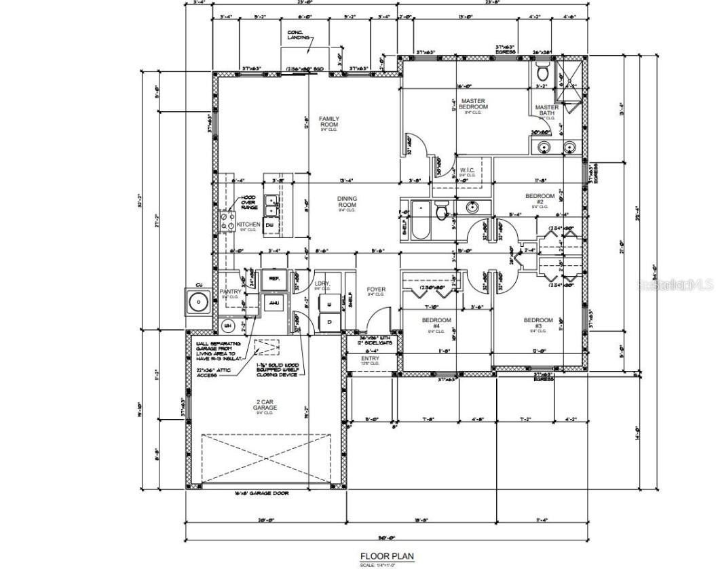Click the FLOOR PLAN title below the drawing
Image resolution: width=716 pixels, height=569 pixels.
(x=386, y=555)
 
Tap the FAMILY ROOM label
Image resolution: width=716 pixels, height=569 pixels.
(x=329, y=123)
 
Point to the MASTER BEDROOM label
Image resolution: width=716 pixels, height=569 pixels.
(x=473, y=104)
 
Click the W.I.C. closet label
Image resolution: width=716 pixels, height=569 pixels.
(x=466, y=170)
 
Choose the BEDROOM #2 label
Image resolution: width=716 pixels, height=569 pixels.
(x=540, y=199)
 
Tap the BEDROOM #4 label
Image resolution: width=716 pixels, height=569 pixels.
(x=436, y=323)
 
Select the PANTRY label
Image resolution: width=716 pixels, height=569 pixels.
(x=231, y=292)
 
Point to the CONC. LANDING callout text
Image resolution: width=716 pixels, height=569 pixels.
(x=299, y=35)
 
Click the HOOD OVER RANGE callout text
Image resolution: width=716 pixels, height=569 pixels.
(x=248, y=202)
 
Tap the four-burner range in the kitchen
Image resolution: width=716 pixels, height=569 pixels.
(x=227, y=220)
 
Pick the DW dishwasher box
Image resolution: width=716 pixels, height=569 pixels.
(x=269, y=224)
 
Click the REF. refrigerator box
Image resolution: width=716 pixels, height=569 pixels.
(x=274, y=278)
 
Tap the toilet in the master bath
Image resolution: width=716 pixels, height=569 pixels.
(x=543, y=73)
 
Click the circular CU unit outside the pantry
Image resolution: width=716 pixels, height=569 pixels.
(x=181, y=302)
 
